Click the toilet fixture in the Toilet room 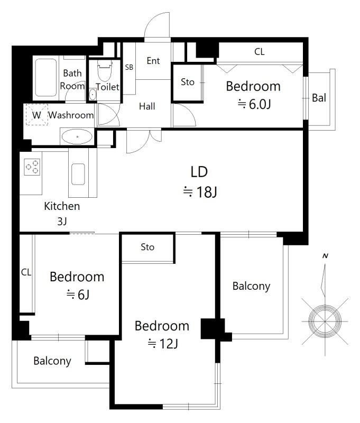click(105, 70)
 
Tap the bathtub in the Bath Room click(46, 78)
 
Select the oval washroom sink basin click(77, 137)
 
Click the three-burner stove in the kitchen click(32, 167)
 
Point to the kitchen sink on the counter click(78, 174)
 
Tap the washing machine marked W click(36, 115)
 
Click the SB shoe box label click(129, 67)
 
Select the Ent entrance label click(153, 61)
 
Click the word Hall click(147, 106)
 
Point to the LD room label click(199, 172)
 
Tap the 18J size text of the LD click(200, 192)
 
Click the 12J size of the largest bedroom click(163, 344)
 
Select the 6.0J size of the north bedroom click(254, 104)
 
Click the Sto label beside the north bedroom click(188, 82)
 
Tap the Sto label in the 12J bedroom click(147, 247)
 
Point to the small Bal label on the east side click(319, 98)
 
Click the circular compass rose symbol click(325, 321)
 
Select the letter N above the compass click(326, 256)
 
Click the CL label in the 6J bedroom click(26, 272)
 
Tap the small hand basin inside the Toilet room click(93, 95)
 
